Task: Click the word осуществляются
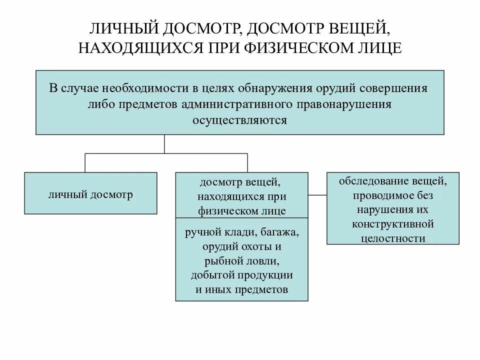click(240, 120)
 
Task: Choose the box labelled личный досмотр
click(90, 194)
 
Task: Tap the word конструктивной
click(392, 223)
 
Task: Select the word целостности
click(392, 238)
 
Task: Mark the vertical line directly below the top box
click(164, 144)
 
